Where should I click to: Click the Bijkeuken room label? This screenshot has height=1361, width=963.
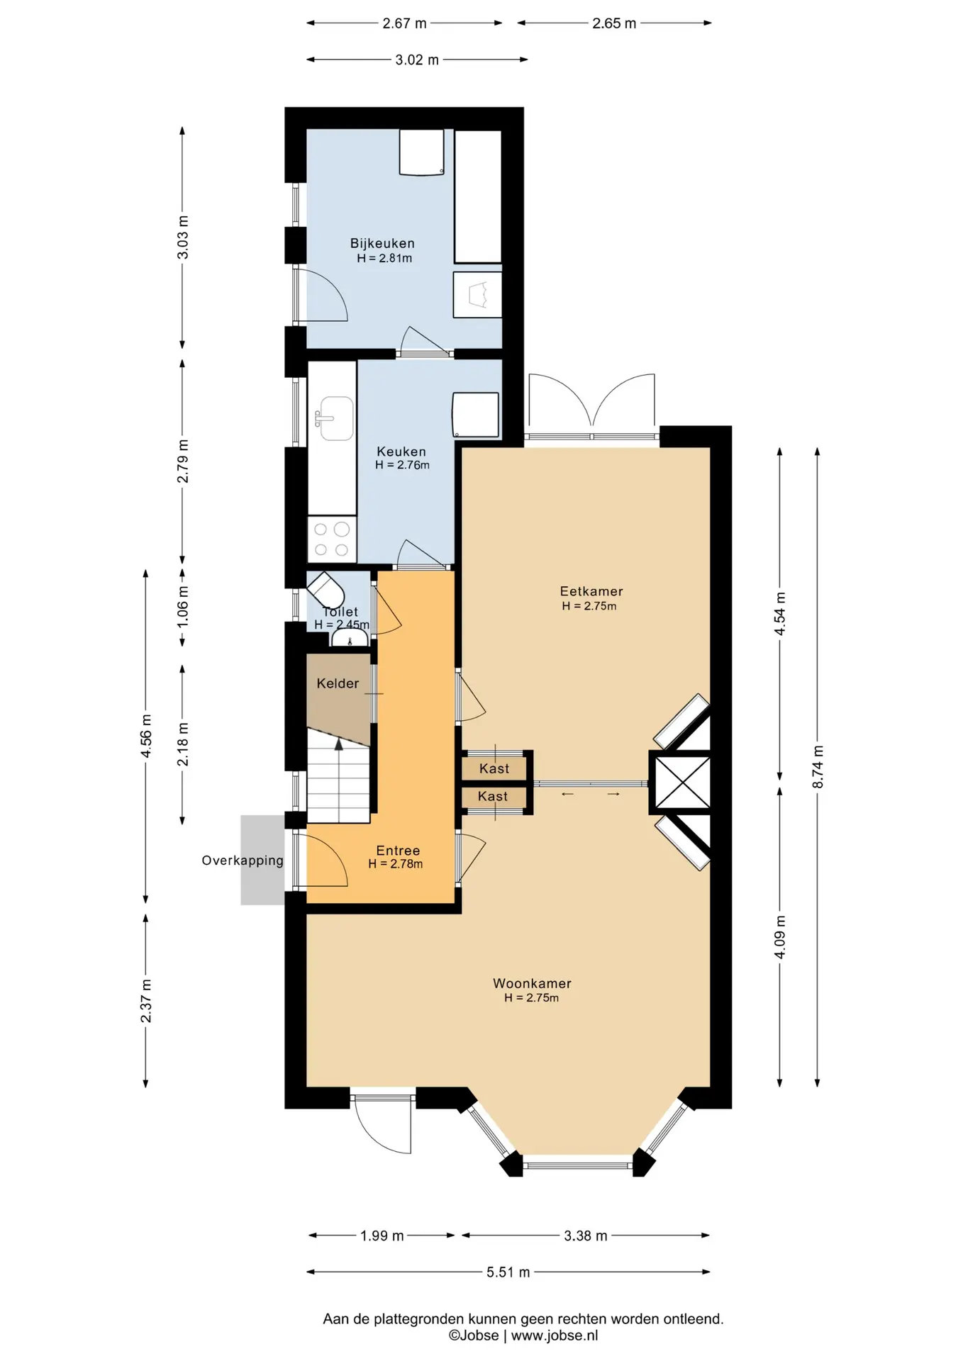click(x=382, y=243)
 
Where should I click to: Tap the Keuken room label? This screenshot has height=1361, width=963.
click(x=401, y=452)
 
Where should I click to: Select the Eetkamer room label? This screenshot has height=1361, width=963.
click(x=591, y=591)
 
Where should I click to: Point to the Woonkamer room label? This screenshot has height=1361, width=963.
click(x=532, y=983)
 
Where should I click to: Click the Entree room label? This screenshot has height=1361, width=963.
click(x=398, y=851)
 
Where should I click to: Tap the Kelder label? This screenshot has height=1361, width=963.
click(x=338, y=683)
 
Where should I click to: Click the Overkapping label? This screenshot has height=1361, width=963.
click(x=243, y=861)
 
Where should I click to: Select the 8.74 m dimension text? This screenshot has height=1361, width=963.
click(x=818, y=766)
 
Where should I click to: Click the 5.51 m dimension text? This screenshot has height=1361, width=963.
click(x=508, y=1272)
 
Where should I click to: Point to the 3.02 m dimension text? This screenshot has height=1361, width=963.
click(x=417, y=60)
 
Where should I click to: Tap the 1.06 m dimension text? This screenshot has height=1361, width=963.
click(x=183, y=606)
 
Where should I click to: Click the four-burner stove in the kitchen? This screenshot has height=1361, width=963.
click(x=332, y=539)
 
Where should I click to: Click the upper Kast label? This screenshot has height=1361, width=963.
click(x=494, y=768)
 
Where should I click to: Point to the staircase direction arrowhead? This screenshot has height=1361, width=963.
click(x=339, y=744)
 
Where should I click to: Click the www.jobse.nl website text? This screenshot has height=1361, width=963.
click(x=555, y=1335)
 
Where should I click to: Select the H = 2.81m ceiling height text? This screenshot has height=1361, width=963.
click(x=384, y=258)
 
